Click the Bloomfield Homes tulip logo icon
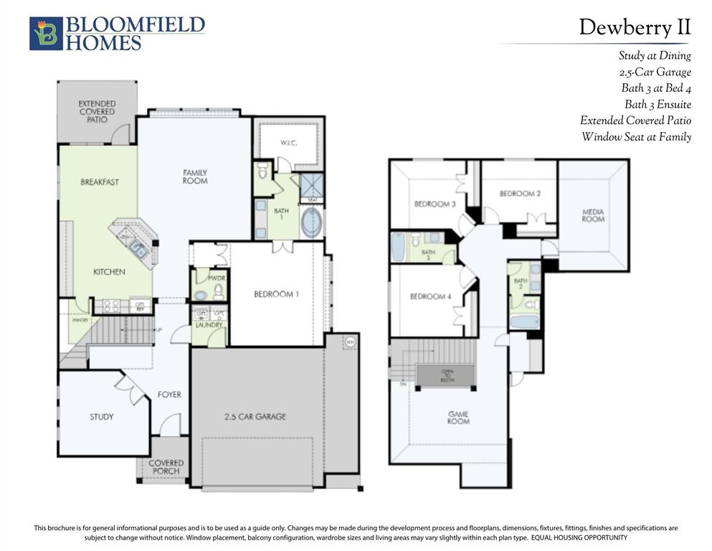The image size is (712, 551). pyautogui.click(x=46, y=34)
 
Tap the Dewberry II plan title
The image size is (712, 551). pyautogui.click(x=635, y=27)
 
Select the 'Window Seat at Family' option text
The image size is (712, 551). pyautogui.click(x=636, y=137)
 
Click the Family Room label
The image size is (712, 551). pyautogui.click(x=195, y=176)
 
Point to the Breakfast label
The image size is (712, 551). pyautogui.click(x=100, y=182)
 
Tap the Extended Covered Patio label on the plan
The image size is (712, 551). pyautogui.click(x=98, y=112)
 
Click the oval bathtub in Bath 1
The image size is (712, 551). pyautogui.click(x=312, y=222)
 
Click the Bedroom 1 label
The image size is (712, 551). pyautogui.click(x=277, y=294)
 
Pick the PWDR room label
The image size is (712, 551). pyautogui.click(x=217, y=278)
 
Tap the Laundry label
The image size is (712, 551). pyautogui.click(x=209, y=325)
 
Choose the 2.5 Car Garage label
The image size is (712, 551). pyautogui.click(x=255, y=417)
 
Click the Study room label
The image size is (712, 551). pyautogui.click(x=101, y=417)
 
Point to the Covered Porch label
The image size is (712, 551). pyautogui.click(x=166, y=467)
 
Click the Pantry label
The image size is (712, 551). pyautogui.click(x=79, y=320)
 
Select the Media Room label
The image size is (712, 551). pyautogui.click(x=593, y=215)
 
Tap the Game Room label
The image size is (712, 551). pyautogui.click(x=459, y=418)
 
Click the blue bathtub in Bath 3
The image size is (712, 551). pyautogui.click(x=398, y=248)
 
